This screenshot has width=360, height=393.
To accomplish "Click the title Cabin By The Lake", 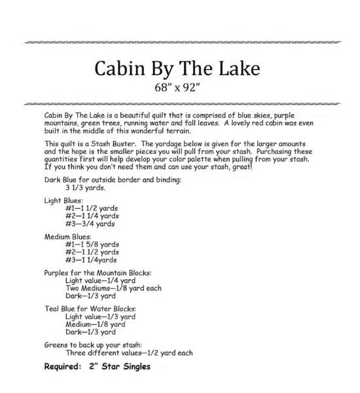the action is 177,68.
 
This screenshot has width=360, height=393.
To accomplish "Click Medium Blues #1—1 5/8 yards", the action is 92,244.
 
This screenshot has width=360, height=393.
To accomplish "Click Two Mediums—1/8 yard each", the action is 113,288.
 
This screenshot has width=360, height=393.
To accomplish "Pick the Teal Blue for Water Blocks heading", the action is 90,308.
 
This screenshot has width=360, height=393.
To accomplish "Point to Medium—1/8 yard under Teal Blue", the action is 95,324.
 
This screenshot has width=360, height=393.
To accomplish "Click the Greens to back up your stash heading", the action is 94,344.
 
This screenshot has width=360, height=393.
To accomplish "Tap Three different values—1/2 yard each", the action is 129,352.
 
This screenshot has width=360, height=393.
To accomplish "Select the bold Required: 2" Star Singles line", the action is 97,366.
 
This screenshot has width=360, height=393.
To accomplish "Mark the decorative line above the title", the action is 180,42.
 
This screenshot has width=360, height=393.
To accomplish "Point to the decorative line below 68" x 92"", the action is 180,103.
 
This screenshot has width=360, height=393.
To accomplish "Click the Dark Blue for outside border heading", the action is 113,179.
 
